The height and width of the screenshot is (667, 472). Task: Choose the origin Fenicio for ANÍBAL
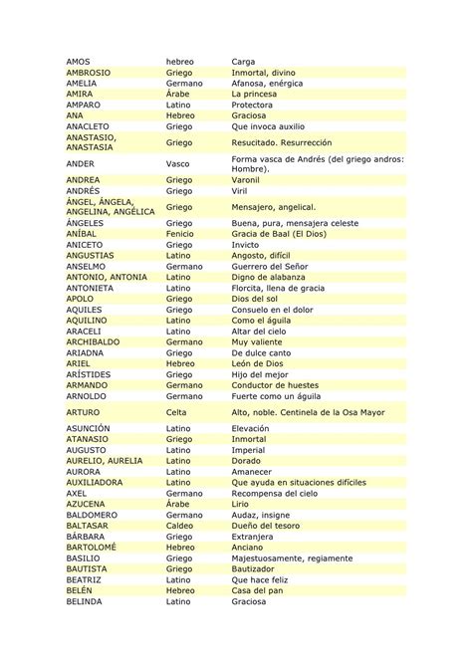point(180,233)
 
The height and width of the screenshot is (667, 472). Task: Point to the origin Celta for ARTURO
point(176,410)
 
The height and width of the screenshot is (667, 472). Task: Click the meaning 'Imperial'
point(248,450)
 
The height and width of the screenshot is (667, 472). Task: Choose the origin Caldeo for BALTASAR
point(180,525)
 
